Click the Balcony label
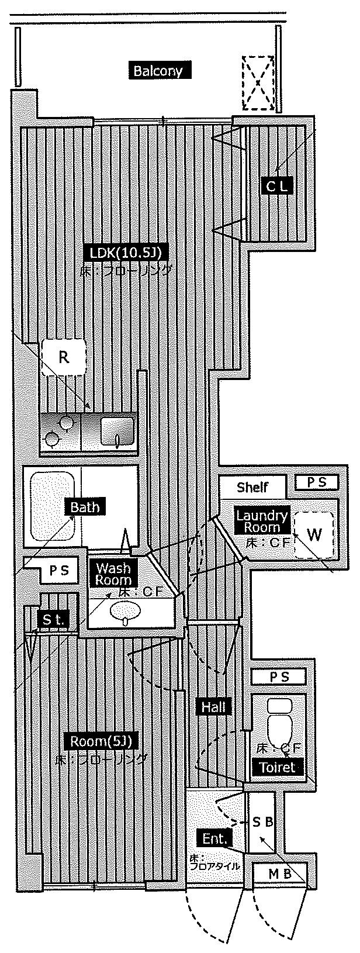(158, 71)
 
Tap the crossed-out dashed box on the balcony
(258, 83)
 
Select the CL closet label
(277, 186)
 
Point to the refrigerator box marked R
(64, 357)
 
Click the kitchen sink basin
(117, 431)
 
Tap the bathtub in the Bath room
(52, 506)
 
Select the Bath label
(85, 506)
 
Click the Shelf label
(252, 487)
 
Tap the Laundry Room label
(262, 520)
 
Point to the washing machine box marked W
(314, 534)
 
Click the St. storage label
(53, 620)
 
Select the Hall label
(214, 706)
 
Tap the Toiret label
(278, 767)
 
